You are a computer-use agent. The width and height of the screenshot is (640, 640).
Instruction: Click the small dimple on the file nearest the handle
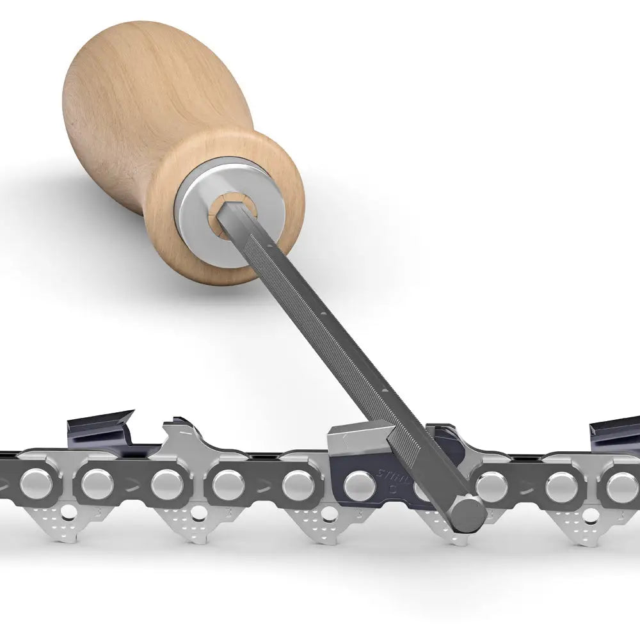276,244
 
